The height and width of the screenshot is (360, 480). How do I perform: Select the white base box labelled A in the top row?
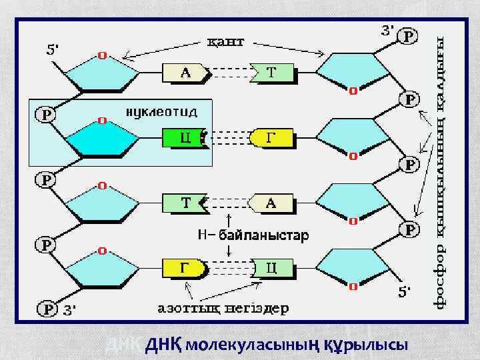pos(185,73)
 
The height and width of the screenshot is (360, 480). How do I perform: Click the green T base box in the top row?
pos(272,73)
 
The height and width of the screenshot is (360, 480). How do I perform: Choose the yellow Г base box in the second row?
pos(270,138)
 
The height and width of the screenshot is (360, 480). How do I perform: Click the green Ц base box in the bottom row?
pos(271,268)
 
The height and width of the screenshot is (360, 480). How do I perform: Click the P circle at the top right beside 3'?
pos(407,37)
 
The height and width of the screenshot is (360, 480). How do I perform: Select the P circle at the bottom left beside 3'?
pos(47,309)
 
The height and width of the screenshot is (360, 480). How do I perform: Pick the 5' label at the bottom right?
pos(405,292)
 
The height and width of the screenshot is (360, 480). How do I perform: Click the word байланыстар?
pos(261,235)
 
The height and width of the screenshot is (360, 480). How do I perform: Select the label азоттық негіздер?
pos(223,308)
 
